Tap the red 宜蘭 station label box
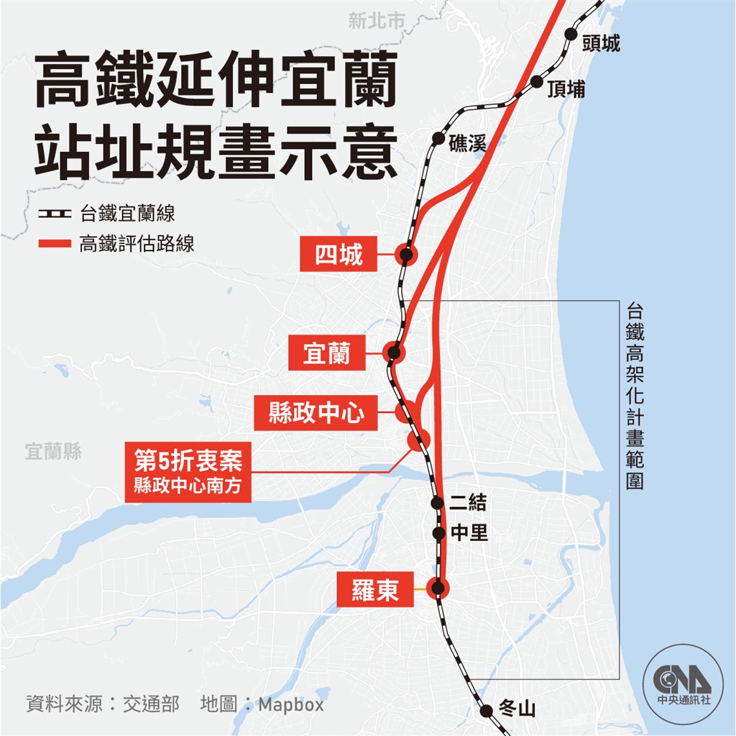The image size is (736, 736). coord(326,353)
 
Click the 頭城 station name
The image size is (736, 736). coord(602,44)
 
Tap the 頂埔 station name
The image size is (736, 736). coord(566,89)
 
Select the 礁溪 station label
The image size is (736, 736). coord(467,143)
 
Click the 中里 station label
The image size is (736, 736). coord(469,533)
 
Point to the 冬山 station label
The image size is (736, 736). coord(517,710)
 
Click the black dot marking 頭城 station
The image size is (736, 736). coord(571,34)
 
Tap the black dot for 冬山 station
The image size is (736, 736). coord(487,710)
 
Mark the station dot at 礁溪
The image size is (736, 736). coord(438,137)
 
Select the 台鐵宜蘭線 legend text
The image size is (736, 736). coord(127,214)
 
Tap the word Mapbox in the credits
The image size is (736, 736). coord(291,704)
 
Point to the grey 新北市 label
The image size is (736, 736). coord(377,22)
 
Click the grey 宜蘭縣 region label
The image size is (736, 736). coord(53,452)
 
